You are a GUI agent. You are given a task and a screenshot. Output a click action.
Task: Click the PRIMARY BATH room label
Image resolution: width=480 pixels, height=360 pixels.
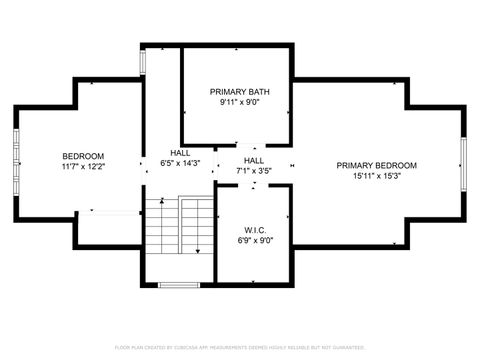coord(237,90)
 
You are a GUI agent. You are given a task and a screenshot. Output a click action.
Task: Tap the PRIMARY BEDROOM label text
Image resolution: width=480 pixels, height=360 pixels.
coord(376,165)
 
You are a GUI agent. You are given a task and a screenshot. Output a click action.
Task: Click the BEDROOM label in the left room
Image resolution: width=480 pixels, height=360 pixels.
coord(83,156)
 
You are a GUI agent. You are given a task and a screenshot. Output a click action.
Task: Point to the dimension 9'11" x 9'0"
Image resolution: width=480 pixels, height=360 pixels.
coord(237,101)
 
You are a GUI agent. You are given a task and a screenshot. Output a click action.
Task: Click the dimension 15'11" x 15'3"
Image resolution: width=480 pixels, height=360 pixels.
coord(376,176)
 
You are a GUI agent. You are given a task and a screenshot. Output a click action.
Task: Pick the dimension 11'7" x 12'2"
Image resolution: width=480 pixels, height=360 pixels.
coord(83,167)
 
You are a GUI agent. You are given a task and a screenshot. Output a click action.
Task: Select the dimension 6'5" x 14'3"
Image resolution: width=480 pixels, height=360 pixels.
coord(180,164)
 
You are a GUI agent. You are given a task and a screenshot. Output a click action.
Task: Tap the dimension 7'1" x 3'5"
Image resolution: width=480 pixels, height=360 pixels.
coord(254,171)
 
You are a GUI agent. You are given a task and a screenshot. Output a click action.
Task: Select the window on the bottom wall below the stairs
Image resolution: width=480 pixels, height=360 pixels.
coord(179,285)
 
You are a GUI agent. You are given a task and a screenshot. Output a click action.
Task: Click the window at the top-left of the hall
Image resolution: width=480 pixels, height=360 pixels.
coord(143,59)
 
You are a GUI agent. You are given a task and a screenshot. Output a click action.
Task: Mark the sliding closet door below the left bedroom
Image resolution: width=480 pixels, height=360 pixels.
coord(111,211)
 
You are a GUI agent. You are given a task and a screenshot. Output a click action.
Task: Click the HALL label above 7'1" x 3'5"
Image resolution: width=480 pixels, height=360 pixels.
coord(254,160)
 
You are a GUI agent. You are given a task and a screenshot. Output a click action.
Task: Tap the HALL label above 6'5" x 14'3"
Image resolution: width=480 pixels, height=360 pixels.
coord(180,153)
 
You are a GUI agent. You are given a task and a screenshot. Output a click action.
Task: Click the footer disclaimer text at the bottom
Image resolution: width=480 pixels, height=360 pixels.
coord(240,347)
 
